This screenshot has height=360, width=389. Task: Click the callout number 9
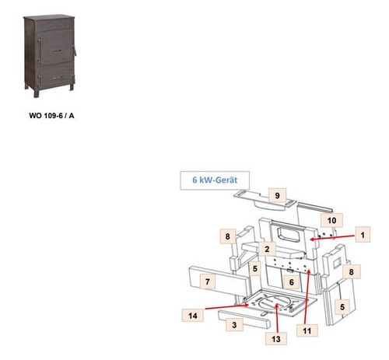click(277, 195)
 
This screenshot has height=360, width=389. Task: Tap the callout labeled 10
click(331, 220)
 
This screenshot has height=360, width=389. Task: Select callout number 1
click(363, 235)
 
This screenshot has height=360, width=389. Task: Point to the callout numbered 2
click(267, 249)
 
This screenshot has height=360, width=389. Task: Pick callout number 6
click(292, 282)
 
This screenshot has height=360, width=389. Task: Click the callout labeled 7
click(208, 281)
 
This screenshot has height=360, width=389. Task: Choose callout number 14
click(193, 316)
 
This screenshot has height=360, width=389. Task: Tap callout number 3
click(234, 325)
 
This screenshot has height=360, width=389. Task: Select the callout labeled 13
click(276, 339)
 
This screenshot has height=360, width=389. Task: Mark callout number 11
click(307, 330)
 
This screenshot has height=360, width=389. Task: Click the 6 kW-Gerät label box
click(215, 180)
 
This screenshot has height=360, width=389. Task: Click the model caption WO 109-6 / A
click(51, 116)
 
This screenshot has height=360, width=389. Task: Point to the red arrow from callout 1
click(332, 237)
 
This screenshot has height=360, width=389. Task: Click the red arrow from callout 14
click(227, 307)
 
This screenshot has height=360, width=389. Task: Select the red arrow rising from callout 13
click(277, 318)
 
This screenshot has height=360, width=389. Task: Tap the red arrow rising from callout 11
click(307, 297)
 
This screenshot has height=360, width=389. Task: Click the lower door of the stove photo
click(55, 75)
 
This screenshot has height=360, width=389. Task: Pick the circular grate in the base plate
click(275, 303)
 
